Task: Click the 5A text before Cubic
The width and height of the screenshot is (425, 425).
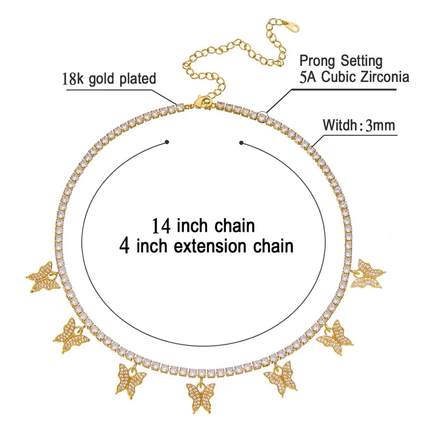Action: (x=309, y=76)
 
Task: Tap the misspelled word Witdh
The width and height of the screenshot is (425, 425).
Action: (x=341, y=127)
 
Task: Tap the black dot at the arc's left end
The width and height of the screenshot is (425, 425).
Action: (x=167, y=142)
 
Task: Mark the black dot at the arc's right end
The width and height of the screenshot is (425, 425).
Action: (x=242, y=142)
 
